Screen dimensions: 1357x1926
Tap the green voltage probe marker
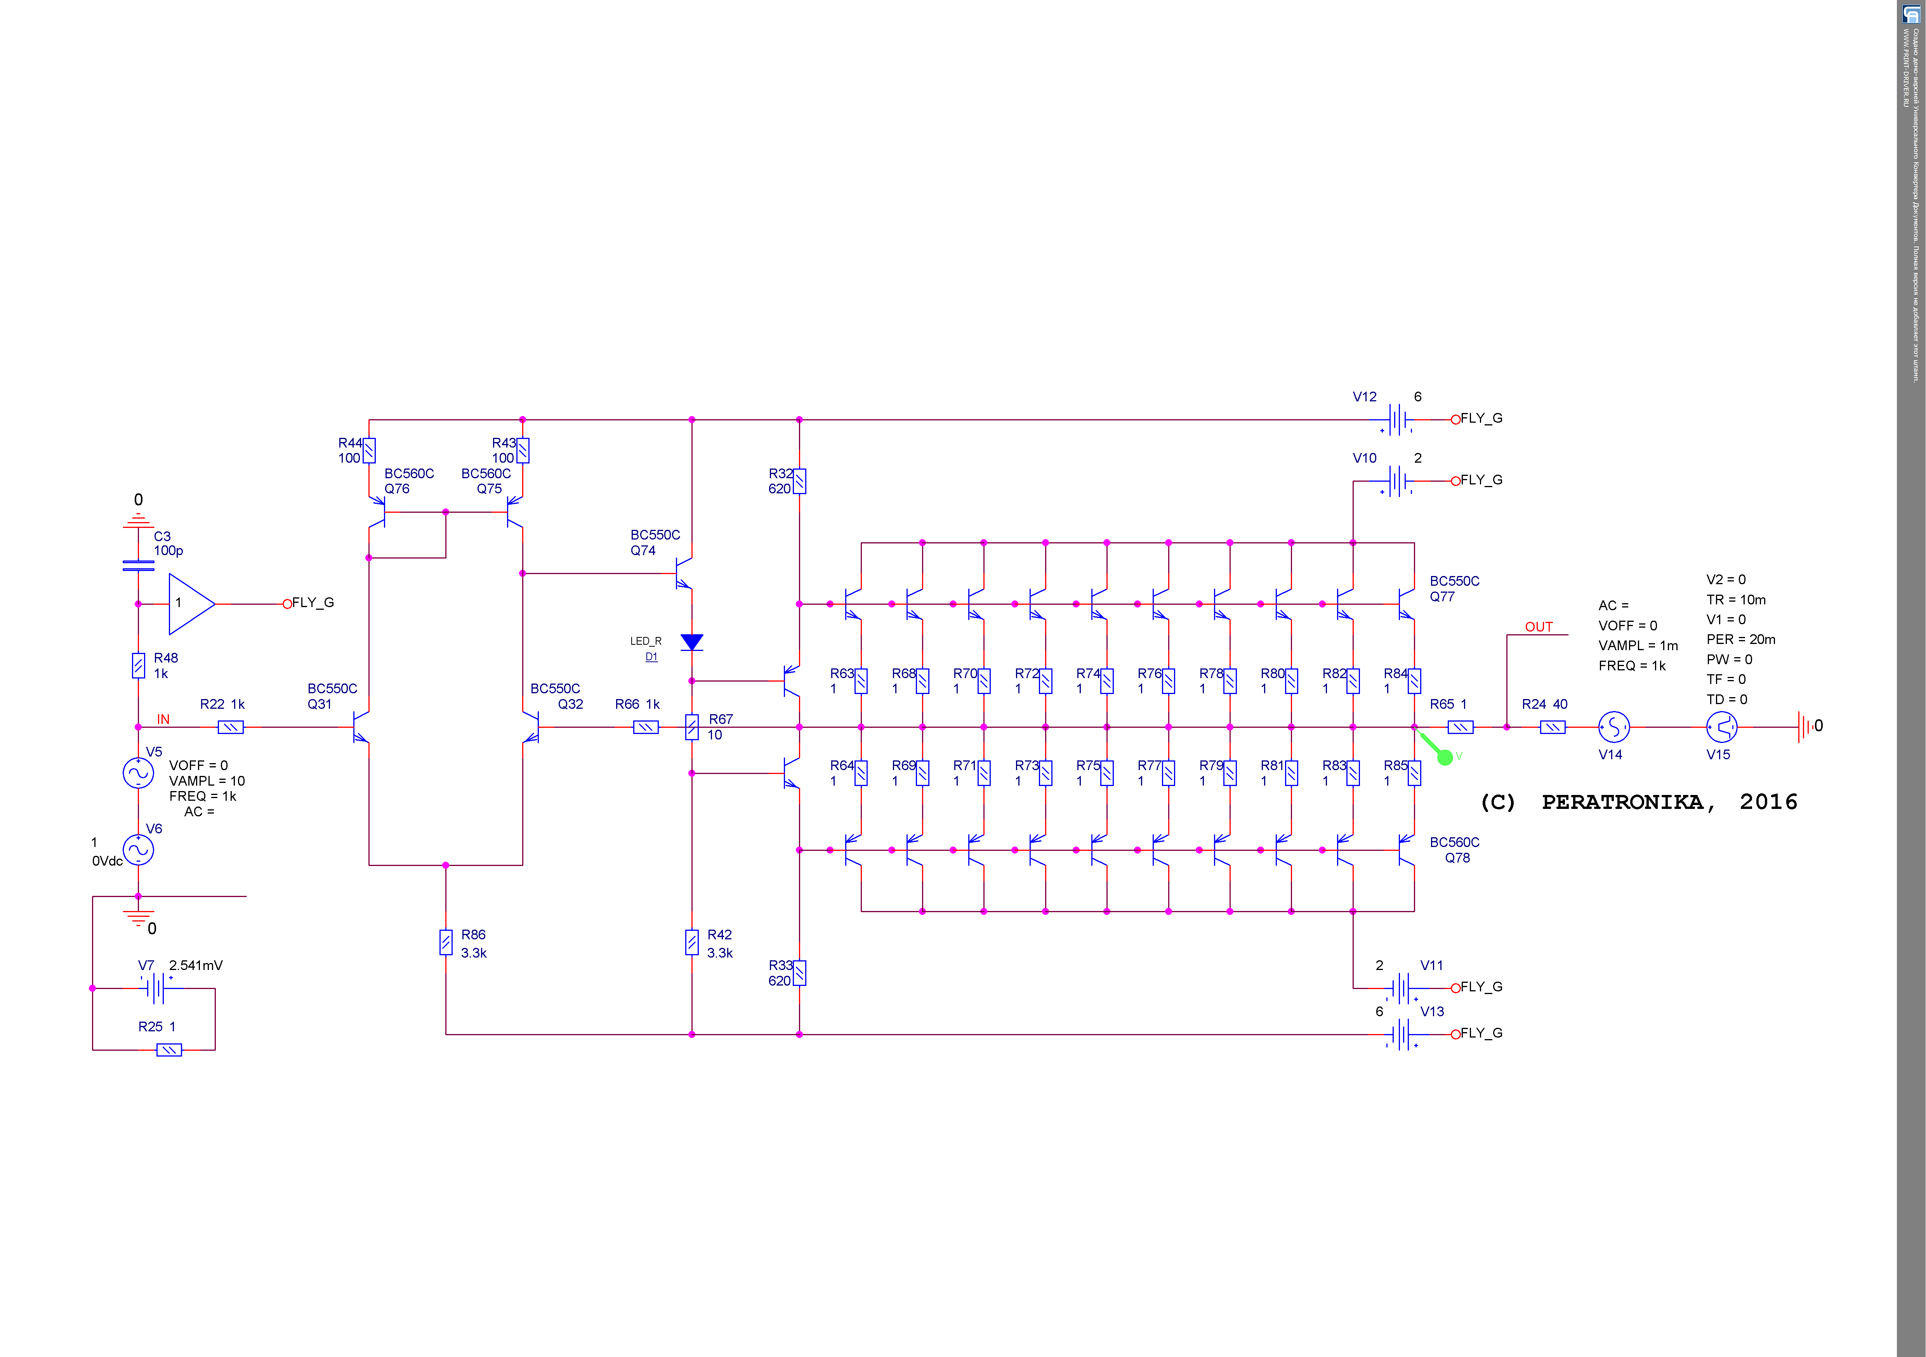[1445, 757]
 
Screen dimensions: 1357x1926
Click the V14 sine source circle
[1613, 727]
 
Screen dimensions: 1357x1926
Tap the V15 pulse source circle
[1721, 727]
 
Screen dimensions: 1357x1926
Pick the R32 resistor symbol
[799, 481]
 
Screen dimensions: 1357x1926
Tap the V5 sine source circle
[139, 772]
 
